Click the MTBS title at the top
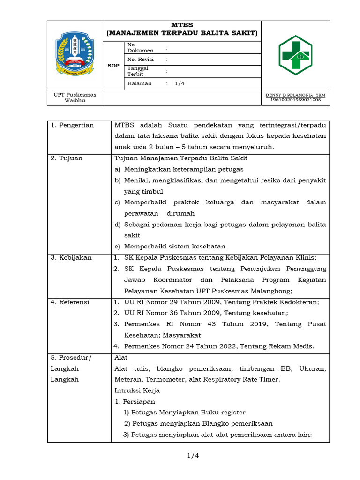[x=182, y=25]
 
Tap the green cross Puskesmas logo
[x=295, y=55]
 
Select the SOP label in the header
[x=113, y=66]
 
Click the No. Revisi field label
[x=140, y=60]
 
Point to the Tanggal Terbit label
[x=138, y=71]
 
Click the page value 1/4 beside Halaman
[x=180, y=83]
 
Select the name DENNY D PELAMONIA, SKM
[x=295, y=95]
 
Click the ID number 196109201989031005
[x=295, y=99]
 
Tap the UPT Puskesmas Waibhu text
[x=75, y=97]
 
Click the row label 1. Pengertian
[x=72, y=125]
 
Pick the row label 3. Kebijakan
[x=71, y=257]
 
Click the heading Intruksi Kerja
[x=137, y=390]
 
